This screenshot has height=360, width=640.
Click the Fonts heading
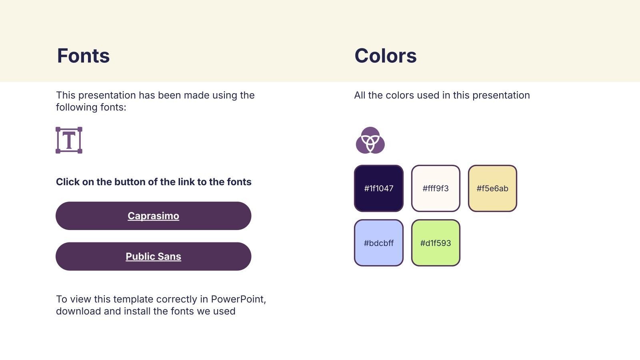tap(84, 56)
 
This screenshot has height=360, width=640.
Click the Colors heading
tap(386, 56)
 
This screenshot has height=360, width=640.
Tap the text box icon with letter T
tap(69, 140)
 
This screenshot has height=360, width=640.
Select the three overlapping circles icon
tap(370, 140)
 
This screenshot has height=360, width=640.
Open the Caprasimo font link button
tap(154, 216)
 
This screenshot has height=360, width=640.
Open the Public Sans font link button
tap(154, 256)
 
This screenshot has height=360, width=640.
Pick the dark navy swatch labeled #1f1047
tap(378, 188)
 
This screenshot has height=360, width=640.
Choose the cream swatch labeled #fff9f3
tap(436, 188)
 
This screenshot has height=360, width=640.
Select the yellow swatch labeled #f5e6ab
tap(492, 188)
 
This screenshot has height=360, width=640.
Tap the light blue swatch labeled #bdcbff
tap(378, 243)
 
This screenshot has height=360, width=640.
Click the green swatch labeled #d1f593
tap(436, 243)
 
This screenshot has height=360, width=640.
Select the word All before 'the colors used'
tap(360, 95)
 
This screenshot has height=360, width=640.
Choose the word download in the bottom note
tap(78, 311)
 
